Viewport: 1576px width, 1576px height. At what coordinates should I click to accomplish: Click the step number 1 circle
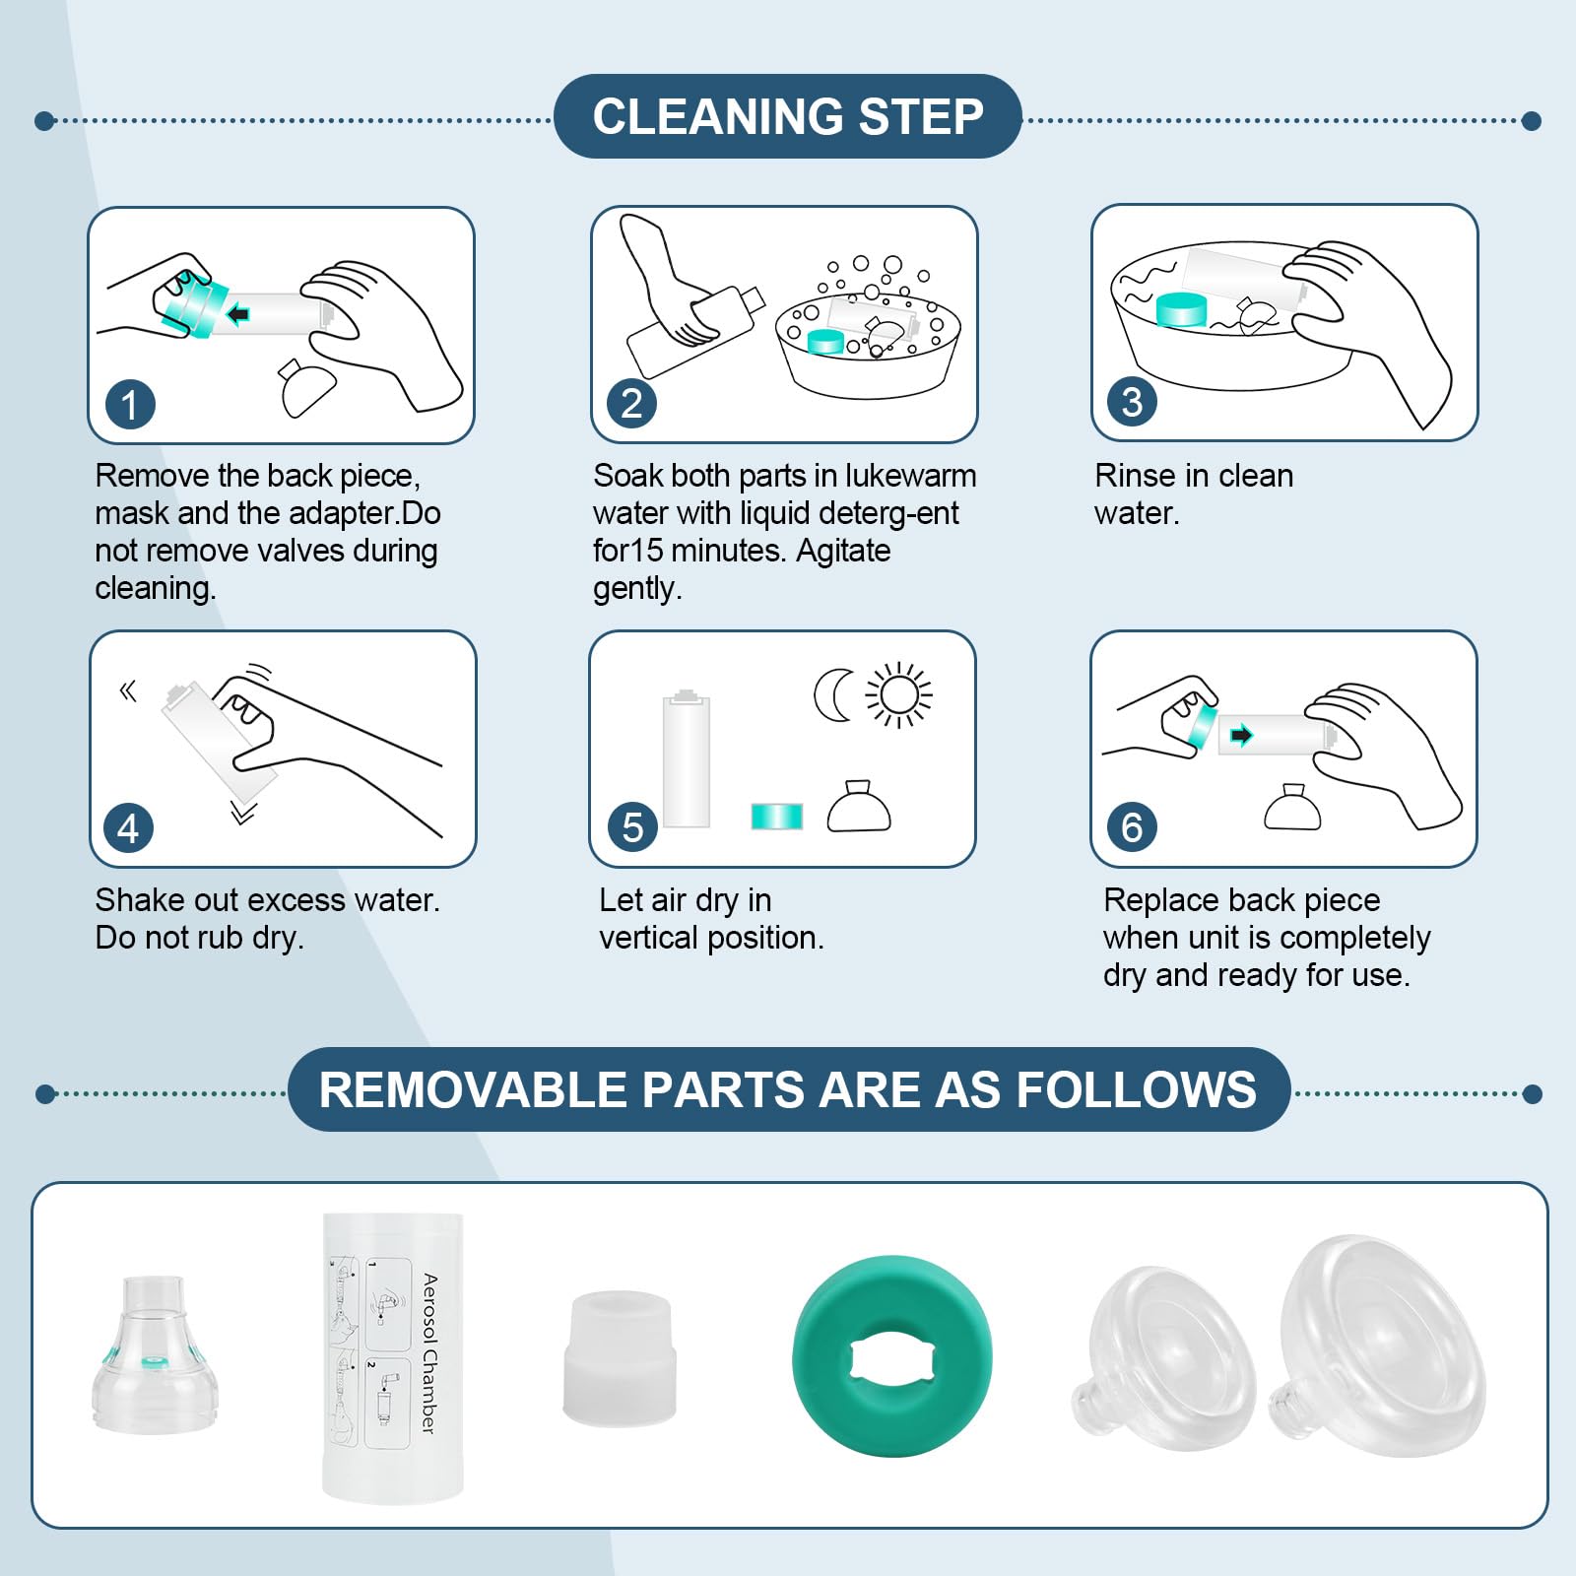click(130, 405)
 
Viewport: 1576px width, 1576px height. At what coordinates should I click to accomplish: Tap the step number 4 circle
click(129, 828)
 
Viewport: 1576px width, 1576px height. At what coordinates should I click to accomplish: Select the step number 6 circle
click(1132, 827)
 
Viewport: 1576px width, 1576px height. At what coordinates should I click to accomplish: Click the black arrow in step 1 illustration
click(237, 314)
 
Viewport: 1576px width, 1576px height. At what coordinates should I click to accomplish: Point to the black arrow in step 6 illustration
click(1241, 735)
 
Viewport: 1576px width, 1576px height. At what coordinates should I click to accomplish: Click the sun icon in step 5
click(898, 695)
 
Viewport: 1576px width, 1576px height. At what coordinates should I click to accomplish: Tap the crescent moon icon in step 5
click(832, 695)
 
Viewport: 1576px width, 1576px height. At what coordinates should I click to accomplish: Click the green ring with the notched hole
click(891, 1358)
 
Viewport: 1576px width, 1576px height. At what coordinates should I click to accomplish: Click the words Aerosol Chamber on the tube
click(429, 1353)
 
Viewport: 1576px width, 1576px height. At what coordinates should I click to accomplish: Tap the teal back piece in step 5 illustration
click(777, 817)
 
